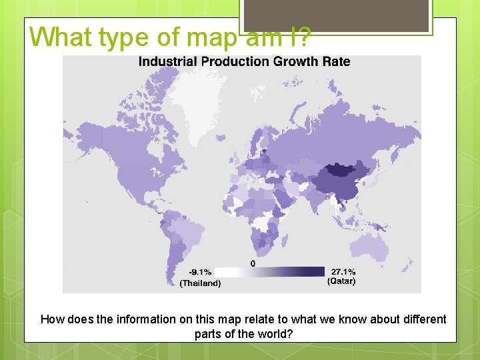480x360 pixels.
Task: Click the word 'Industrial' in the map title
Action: pyautogui.click(x=167, y=61)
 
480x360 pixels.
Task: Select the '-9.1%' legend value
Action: pyautogui.click(x=200, y=272)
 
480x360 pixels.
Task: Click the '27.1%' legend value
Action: pyautogui.click(x=343, y=271)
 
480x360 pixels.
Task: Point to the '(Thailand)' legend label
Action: pyautogui.click(x=200, y=283)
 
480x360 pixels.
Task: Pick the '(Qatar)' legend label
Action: pyautogui.click(x=341, y=281)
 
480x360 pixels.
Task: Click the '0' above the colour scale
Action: pyautogui.click(x=253, y=263)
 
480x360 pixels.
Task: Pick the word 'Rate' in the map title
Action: pyautogui.click(x=335, y=61)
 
